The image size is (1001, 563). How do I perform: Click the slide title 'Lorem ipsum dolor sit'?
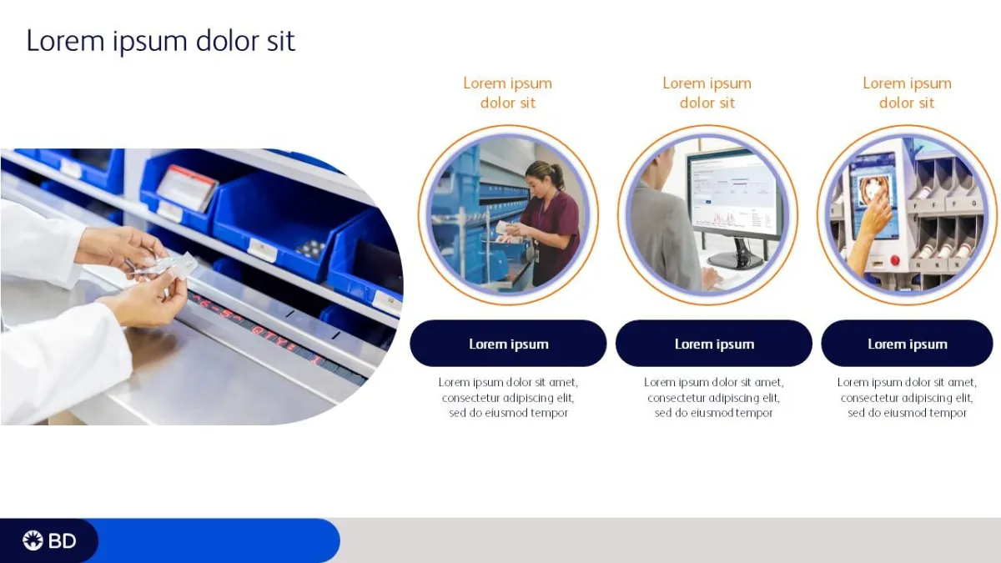pos(161,41)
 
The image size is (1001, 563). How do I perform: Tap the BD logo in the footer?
pos(49,540)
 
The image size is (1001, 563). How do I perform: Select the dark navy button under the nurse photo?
pos(508,343)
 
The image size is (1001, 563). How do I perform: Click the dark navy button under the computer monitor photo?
pos(714,343)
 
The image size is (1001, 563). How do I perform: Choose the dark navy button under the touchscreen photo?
pos(908,343)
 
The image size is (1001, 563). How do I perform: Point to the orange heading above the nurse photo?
pos(508,93)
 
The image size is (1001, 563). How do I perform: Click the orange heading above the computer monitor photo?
pos(707,93)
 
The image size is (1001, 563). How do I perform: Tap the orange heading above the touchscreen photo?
pos(908,93)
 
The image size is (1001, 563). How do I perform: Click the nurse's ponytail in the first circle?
pos(559,172)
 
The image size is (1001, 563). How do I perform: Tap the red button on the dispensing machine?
pos(894,260)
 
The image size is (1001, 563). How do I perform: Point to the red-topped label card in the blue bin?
pos(187,188)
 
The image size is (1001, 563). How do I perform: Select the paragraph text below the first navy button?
pos(508,397)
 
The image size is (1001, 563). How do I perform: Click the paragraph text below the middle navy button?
pos(714,397)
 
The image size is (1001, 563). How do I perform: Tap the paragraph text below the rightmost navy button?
pos(908,397)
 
